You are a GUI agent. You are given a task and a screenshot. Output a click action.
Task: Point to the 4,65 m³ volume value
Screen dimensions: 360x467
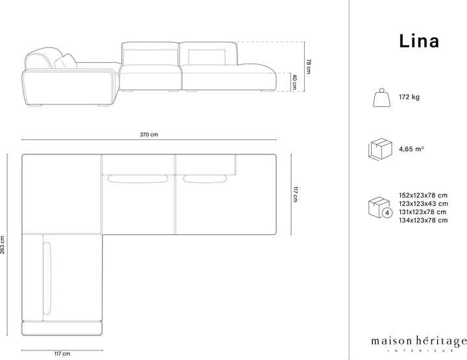[411, 149]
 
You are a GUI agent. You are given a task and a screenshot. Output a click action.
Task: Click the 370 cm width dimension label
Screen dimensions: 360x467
[149, 135]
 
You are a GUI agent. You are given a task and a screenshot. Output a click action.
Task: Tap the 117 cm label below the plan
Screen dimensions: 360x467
[62, 354]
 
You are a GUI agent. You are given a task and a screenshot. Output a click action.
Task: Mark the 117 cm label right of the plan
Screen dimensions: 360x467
[295, 195]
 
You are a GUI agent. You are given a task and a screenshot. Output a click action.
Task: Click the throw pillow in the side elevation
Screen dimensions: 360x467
[66, 62]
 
